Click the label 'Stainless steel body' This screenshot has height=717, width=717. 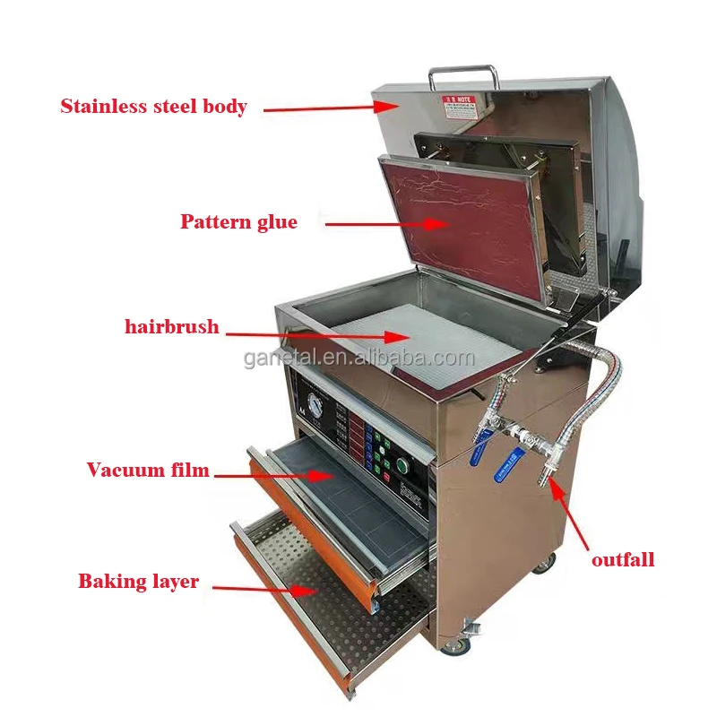point(153,107)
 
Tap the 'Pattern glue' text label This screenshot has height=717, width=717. point(238,222)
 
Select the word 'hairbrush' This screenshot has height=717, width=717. point(171,327)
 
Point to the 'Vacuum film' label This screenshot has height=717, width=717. point(148,470)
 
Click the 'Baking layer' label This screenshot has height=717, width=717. point(138,582)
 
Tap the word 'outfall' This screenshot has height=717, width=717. point(623,560)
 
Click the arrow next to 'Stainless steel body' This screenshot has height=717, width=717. point(323,108)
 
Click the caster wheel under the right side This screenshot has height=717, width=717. point(542,563)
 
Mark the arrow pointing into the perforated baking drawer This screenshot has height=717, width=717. point(264,588)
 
